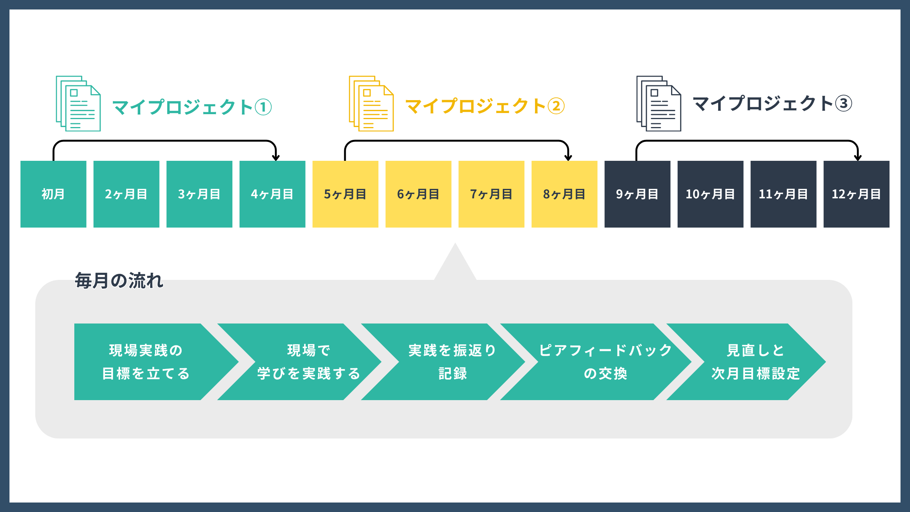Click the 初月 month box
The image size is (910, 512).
tap(53, 194)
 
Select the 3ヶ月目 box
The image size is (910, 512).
tap(199, 194)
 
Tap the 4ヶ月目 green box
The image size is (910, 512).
tap(272, 194)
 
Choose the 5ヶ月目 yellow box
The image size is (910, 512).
tap(345, 194)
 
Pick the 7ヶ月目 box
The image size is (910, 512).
tap(491, 194)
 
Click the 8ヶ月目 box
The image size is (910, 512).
tap(564, 194)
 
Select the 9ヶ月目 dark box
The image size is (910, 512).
tap(637, 194)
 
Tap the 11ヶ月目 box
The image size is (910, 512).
tap(783, 194)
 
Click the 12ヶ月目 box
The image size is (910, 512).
tap(856, 194)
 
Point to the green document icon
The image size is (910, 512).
tap(78, 104)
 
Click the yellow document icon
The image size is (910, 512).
tap(371, 104)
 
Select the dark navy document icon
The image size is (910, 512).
tap(659, 104)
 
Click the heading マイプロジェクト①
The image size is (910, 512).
tap(192, 107)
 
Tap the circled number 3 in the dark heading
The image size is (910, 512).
tap(844, 104)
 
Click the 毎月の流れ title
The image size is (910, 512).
tap(119, 281)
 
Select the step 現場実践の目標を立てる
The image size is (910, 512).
tap(146, 362)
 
